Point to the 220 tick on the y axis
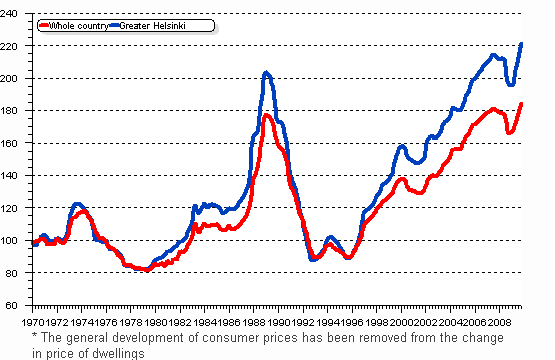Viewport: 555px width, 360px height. (x=17, y=46)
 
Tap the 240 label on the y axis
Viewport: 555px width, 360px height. (x=17, y=13)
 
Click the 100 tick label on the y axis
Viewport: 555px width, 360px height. (x=17, y=240)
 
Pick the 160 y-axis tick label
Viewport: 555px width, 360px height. (x=17, y=143)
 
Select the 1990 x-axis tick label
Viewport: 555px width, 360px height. (x=275, y=324)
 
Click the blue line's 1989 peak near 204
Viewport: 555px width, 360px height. (x=266, y=72)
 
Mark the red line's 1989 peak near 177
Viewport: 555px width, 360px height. (x=266, y=115)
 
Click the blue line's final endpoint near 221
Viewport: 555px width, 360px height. (x=521, y=44)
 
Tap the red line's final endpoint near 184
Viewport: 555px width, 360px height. (x=521, y=104)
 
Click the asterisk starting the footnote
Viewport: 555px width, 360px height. (x=35, y=338)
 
